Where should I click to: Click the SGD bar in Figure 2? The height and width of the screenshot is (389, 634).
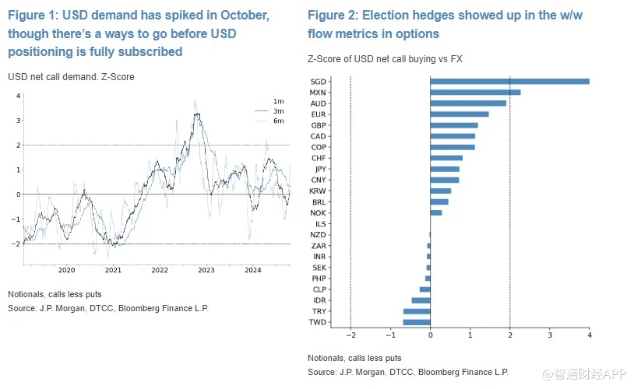(x=509, y=81)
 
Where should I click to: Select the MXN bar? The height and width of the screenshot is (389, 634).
(x=475, y=92)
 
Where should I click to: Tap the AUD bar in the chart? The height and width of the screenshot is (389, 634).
(x=468, y=103)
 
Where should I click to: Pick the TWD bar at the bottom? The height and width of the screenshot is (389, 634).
(x=417, y=321)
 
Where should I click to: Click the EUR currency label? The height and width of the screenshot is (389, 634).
(x=318, y=114)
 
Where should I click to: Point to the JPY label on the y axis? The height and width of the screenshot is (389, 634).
(x=320, y=169)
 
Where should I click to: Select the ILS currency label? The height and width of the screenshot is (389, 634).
(x=321, y=223)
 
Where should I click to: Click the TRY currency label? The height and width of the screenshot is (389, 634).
(x=319, y=310)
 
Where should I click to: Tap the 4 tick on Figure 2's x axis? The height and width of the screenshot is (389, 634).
(x=589, y=335)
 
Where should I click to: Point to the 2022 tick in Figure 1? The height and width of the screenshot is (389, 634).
(x=160, y=270)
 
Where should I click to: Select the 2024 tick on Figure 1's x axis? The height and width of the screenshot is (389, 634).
(x=252, y=270)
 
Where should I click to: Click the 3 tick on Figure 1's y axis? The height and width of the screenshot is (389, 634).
(x=18, y=121)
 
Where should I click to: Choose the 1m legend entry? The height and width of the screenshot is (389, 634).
(x=277, y=102)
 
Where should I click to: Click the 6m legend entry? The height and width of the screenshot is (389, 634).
(x=277, y=121)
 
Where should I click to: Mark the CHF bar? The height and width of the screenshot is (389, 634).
(x=446, y=158)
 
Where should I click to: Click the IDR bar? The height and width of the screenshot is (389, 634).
(x=421, y=300)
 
